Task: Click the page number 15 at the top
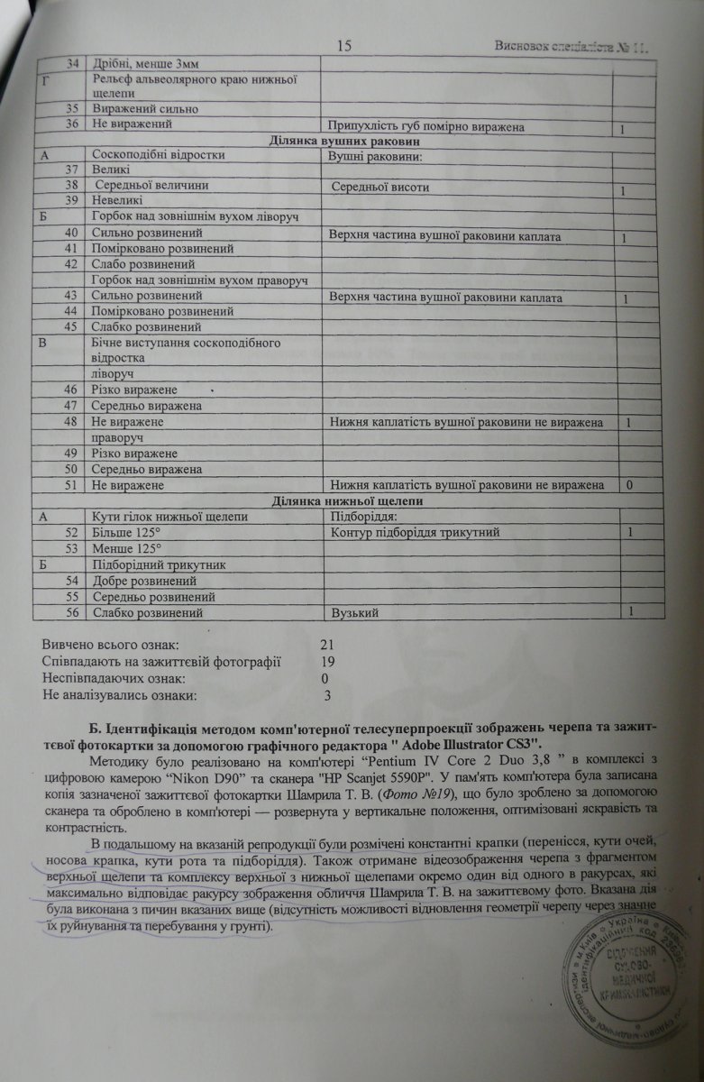(343, 46)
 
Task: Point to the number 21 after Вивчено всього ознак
(327, 646)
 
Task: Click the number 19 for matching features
(328, 662)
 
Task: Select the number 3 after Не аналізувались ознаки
(327, 694)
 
